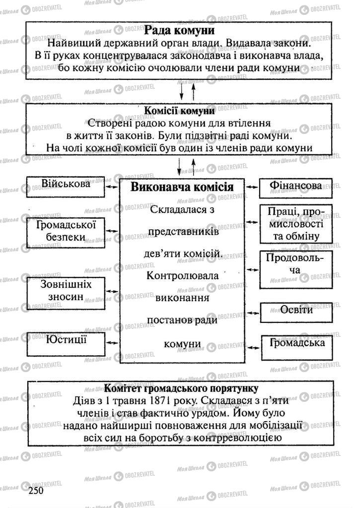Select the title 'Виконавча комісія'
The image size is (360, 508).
(182, 188)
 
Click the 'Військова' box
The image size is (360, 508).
(66, 185)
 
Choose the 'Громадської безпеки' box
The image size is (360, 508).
(66, 231)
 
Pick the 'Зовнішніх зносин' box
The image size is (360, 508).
(66, 291)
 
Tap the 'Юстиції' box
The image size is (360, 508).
(66, 341)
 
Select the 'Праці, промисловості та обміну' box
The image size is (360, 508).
(295, 224)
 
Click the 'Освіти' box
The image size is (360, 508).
(296, 311)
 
